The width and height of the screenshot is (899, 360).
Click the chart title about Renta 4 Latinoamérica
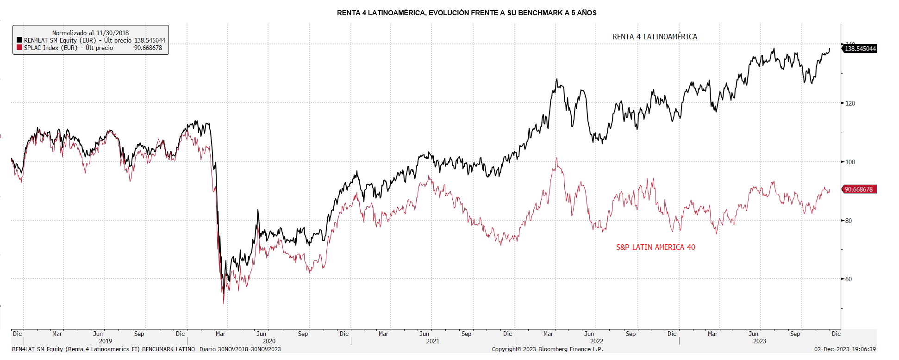click(x=467, y=13)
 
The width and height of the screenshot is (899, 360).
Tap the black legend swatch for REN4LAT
click(x=19, y=40)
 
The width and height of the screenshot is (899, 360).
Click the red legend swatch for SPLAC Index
click(x=19, y=48)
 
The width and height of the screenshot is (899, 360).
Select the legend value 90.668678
click(x=148, y=48)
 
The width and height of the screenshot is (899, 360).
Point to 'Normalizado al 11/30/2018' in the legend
click(x=90, y=33)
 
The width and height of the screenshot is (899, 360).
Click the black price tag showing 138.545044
click(x=860, y=49)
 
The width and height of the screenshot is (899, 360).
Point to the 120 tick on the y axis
click(x=850, y=103)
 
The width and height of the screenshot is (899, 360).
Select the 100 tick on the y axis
click(x=850, y=162)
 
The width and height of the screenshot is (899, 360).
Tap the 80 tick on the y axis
click(x=849, y=221)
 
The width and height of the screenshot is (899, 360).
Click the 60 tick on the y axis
click(x=849, y=279)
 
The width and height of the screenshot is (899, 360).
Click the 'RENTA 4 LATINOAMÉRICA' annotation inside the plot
click(x=655, y=37)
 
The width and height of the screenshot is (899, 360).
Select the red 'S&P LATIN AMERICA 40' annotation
click(x=656, y=247)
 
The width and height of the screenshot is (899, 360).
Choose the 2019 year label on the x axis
click(x=106, y=341)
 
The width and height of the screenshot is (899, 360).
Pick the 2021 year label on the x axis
click(x=433, y=341)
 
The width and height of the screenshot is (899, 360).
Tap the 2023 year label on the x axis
click(x=759, y=341)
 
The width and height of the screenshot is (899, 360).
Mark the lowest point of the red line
click(x=224, y=304)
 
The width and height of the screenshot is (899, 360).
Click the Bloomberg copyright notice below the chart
click(x=547, y=349)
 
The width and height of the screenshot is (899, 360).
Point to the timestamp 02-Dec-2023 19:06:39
click(x=845, y=349)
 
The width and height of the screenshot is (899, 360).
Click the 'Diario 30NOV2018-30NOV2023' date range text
click(x=240, y=349)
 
